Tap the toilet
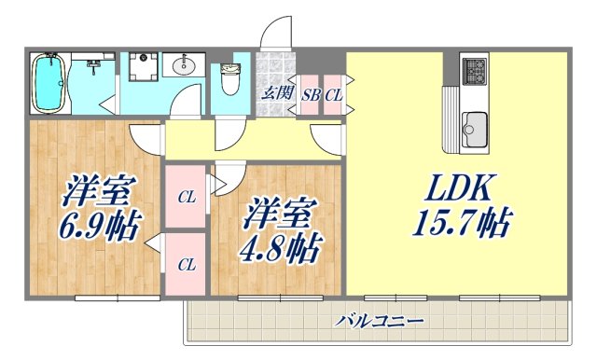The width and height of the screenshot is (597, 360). click(x=229, y=78)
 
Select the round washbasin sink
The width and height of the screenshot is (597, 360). click(x=183, y=66)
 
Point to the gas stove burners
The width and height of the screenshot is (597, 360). click(x=475, y=70)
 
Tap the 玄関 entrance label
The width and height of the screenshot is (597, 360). click(x=276, y=92)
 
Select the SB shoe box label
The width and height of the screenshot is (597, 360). click(x=311, y=94)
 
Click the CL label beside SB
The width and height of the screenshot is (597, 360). click(x=333, y=94)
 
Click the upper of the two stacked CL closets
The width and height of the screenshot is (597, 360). click(x=187, y=197)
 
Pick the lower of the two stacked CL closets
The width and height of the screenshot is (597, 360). click(x=187, y=264)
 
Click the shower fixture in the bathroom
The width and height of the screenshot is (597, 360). click(x=94, y=65)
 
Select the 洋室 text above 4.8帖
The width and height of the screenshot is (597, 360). click(x=277, y=215)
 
